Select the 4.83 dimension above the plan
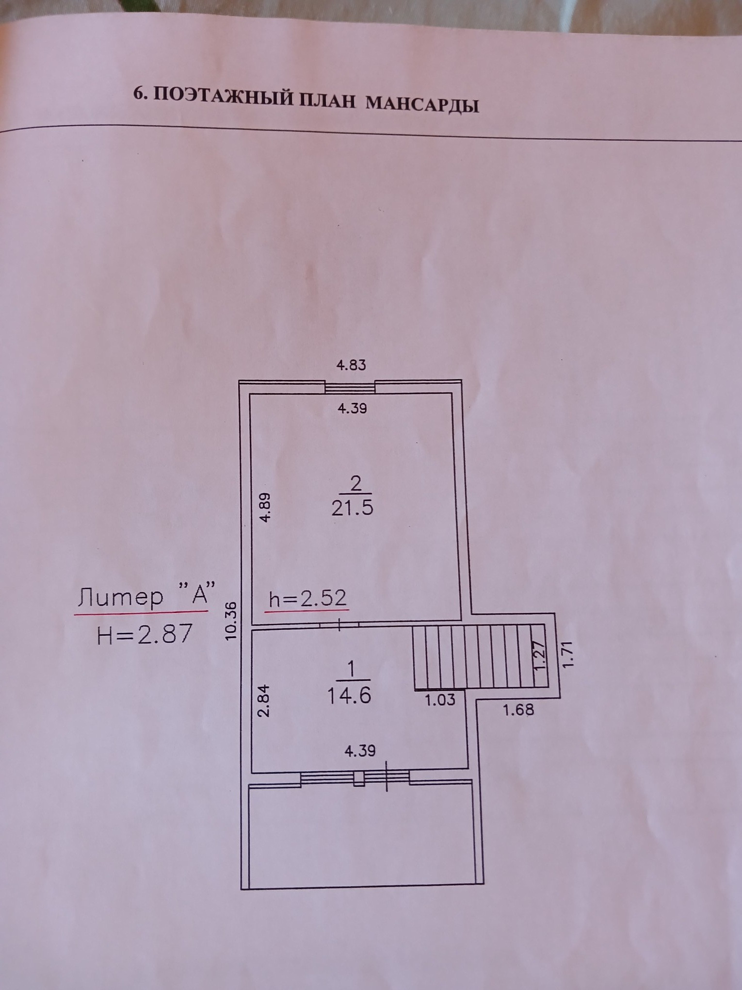(x=351, y=365)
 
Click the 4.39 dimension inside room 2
(x=352, y=409)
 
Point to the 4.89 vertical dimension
(x=265, y=507)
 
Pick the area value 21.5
(x=353, y=508)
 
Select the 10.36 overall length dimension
(x=231, y=620)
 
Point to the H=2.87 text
(x=145, y=634)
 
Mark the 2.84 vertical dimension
(x=263, y=701)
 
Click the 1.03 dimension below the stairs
(x=440, y=699)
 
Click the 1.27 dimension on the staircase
(x=539, y=656)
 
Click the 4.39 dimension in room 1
(x=360, y=751)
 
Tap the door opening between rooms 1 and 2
(x=339, y=626)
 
